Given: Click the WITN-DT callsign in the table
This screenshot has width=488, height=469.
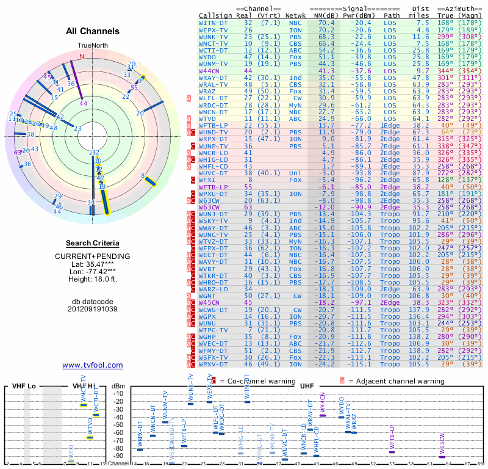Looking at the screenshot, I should click(x=213, y=23).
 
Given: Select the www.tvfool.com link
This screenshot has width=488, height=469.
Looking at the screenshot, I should click(x=92, y=365).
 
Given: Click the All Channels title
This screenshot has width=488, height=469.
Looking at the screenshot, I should click(x=93, y=31).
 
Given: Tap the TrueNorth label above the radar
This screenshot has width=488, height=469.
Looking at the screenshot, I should click(x=92, y=46).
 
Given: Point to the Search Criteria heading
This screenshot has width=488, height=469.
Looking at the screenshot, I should click(x=92, y=243).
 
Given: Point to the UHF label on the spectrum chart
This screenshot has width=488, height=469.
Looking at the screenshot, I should click(x=307, y=386).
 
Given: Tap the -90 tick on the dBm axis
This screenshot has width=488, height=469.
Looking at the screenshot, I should click(x=118, y=456).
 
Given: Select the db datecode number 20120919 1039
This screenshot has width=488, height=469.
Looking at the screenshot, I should click(x=92, y=309).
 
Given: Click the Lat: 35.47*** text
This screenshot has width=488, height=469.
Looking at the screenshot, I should click(x=92, y=263).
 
